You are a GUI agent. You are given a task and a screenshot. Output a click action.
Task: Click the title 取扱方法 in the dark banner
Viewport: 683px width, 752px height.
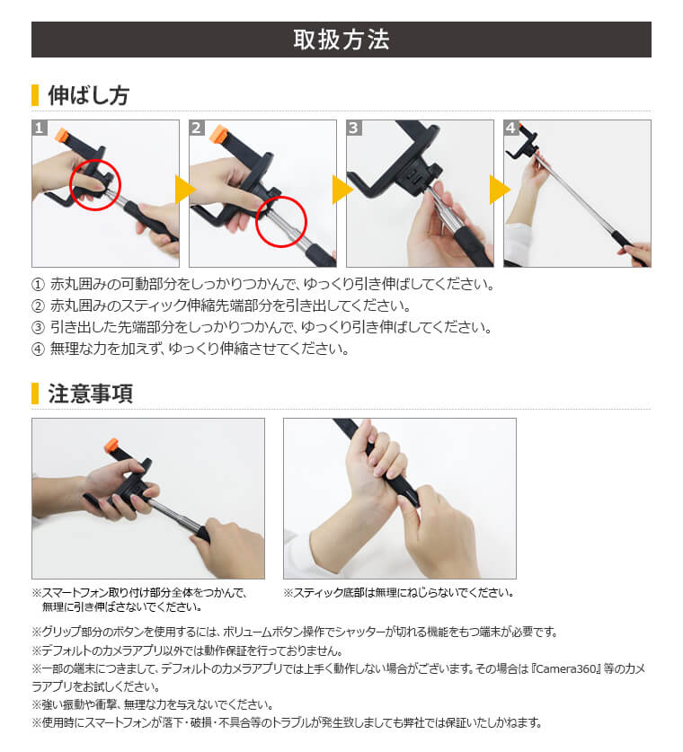341,40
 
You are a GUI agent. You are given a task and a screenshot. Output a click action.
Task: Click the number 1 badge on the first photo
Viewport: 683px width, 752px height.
40,128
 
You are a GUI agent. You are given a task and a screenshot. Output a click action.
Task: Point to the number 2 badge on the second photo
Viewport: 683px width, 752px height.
197,128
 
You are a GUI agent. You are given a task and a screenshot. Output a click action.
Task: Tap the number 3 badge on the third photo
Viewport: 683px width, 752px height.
354,128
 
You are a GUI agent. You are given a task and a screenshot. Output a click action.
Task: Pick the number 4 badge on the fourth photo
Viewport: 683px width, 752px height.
511,128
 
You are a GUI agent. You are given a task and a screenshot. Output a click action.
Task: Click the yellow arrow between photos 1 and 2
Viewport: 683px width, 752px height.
184,190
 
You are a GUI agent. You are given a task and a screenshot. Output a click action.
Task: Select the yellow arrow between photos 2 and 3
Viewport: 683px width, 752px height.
341,190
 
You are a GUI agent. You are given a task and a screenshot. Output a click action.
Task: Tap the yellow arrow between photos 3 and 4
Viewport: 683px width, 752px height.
499,190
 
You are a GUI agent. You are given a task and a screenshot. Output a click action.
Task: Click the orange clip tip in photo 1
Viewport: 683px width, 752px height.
62,136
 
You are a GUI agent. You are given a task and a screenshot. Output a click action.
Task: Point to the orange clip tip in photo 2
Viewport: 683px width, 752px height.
218,135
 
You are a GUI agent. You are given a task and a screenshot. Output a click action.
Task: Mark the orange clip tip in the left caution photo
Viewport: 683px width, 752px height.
111,445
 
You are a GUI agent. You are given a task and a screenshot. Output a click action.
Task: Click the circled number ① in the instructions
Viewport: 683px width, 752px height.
38,285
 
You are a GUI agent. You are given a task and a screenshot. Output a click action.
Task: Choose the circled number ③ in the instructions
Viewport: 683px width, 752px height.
38,328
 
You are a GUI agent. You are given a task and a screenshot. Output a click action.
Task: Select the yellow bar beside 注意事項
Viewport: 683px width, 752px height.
35,394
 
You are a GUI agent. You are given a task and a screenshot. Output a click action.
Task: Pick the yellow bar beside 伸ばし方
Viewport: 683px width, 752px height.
35,96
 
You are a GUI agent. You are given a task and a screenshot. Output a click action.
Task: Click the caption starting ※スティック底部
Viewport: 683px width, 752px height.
398,593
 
